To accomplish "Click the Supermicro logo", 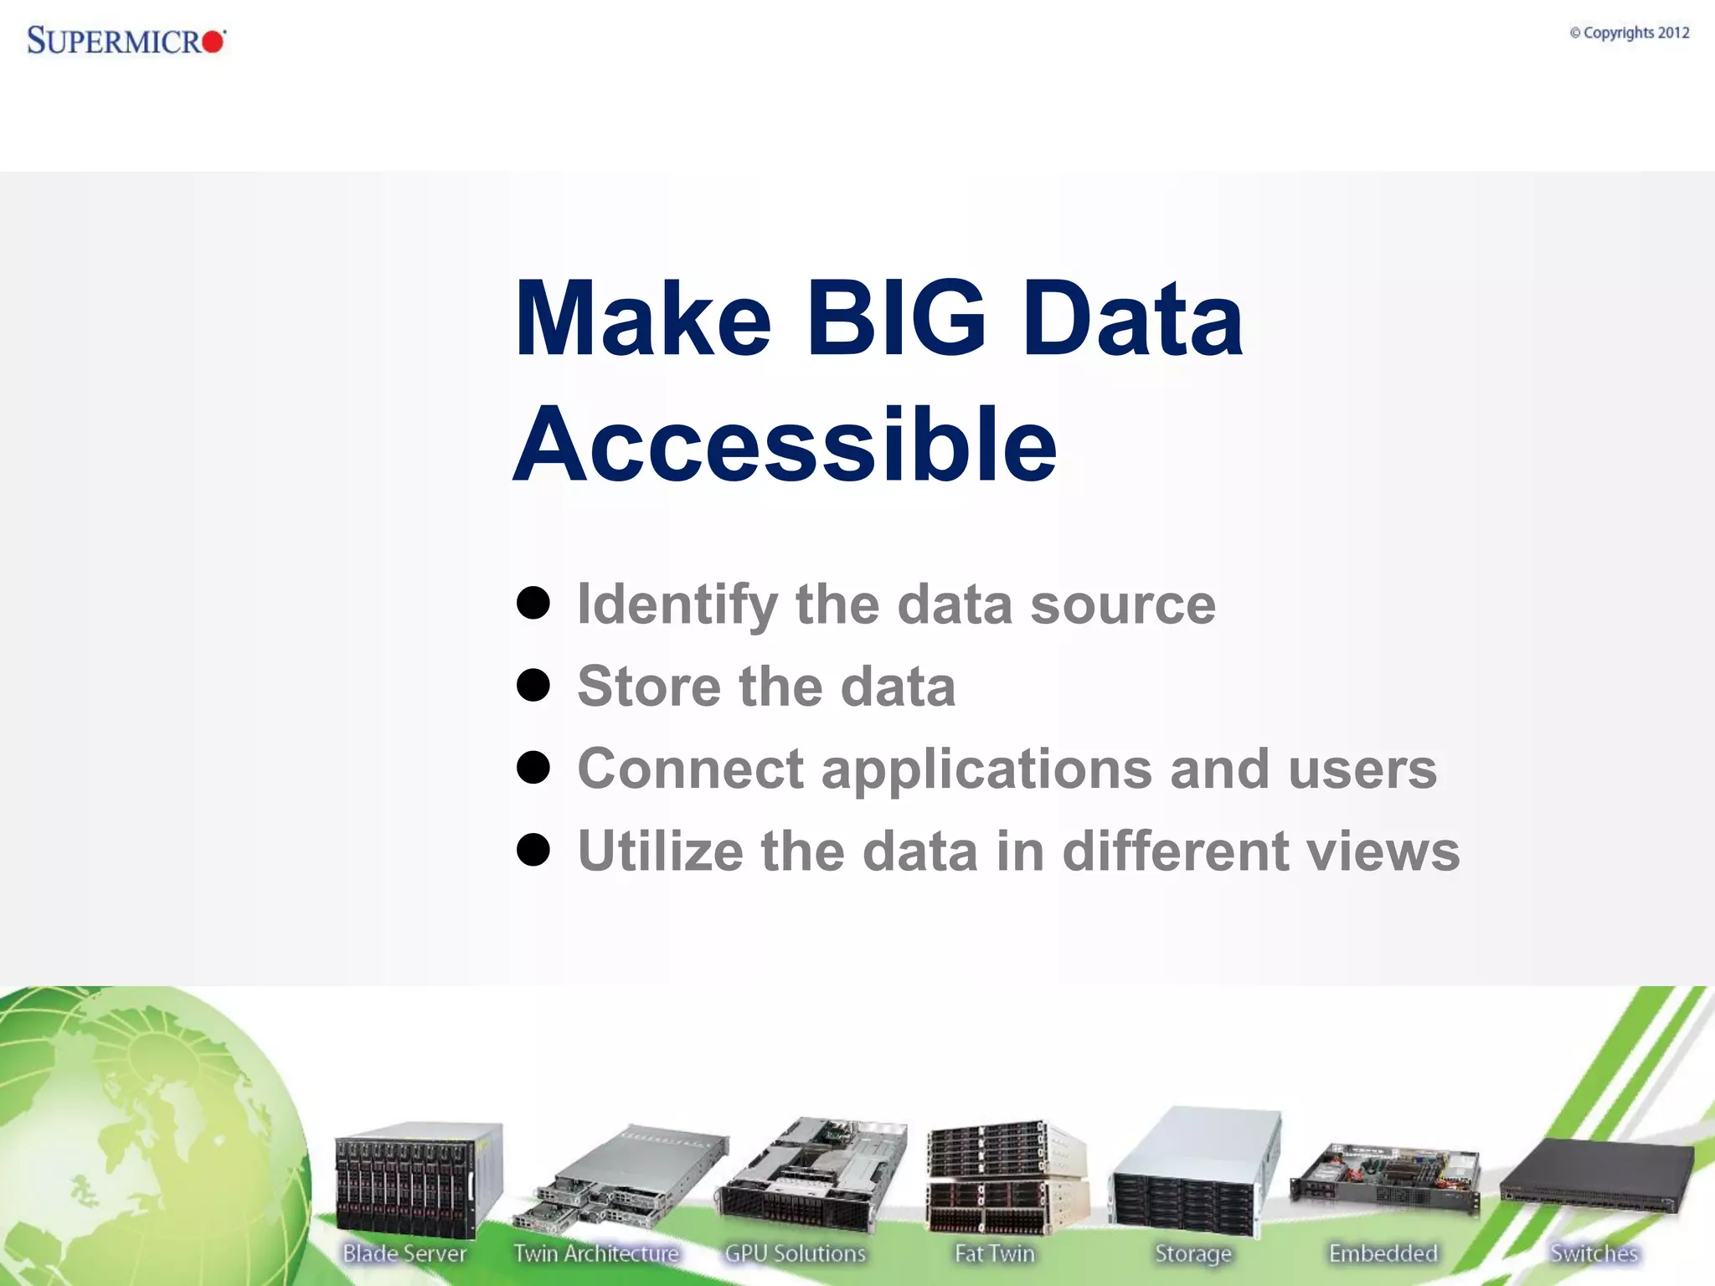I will click(126, 39).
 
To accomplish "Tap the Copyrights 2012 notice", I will click(1629, 33).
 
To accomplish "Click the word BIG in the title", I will click(895, 319).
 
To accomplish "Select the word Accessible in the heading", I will click(785, 445).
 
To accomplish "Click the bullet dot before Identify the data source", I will click(533, 603).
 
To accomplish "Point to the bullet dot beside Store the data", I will click(533, 686).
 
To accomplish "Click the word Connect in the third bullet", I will click(690, 769).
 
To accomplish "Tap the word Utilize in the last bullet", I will click(660, 851).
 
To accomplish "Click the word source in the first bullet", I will click(1122, 604).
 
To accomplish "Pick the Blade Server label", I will click(404, 1253).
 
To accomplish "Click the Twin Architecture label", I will click(595, 1253).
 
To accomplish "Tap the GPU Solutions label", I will click(795, 1253).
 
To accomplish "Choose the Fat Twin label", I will click(995, 1253).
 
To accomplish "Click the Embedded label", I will click(1383, 1253).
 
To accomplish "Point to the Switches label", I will click(1594, 1253).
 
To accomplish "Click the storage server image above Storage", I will click(1194, 1172).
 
